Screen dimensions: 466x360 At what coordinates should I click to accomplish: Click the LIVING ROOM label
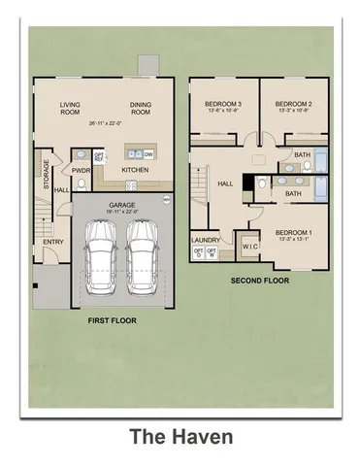[70, 108]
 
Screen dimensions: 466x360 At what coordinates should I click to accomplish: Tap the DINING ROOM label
[141, 108]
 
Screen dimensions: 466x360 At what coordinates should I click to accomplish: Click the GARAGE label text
[121, 205]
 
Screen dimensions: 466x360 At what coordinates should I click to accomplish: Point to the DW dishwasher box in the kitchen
[148, 154]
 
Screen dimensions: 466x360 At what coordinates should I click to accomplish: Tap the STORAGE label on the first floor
[46, 175]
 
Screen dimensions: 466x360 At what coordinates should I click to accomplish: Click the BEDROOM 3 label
[222, 103]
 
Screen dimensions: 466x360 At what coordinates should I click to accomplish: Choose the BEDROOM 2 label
[292, 103]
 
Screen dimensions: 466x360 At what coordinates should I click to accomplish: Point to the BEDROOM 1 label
[294, 233]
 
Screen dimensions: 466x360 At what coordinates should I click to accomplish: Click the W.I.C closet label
[248, 247]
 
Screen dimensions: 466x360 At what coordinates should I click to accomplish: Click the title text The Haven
[180, 438]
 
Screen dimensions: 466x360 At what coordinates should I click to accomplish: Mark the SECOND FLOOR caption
[261, 281]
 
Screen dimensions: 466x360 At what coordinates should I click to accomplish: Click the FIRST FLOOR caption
[110, 319]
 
